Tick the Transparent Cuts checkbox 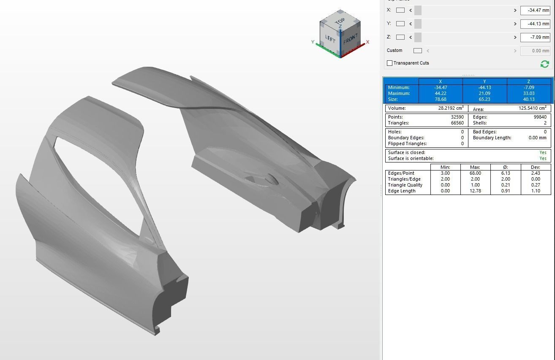pyautogui.click(x=389, y=63)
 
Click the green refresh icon pyautogui.click(x=544, y=64)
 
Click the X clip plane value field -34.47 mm pyautogui.click(x=535, y=10)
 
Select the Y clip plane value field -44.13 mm pyautogui.click(x=535, y=24)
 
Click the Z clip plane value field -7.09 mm pyautogui.click(x=535, y=37)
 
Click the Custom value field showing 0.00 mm pyautogui.click(x=535, y=51)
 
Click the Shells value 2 pyautogui.click(x=545, y=123)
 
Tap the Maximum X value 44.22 pyautogui.click(x=441, y=93)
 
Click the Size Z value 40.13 pyautogui.click(x=529, y=99)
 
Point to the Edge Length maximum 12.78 pyautogui.click(x=475, y=191)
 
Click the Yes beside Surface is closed pyautogui.click(x=543, y=152)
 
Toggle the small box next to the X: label pyautogui.click(x=400, y=10)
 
